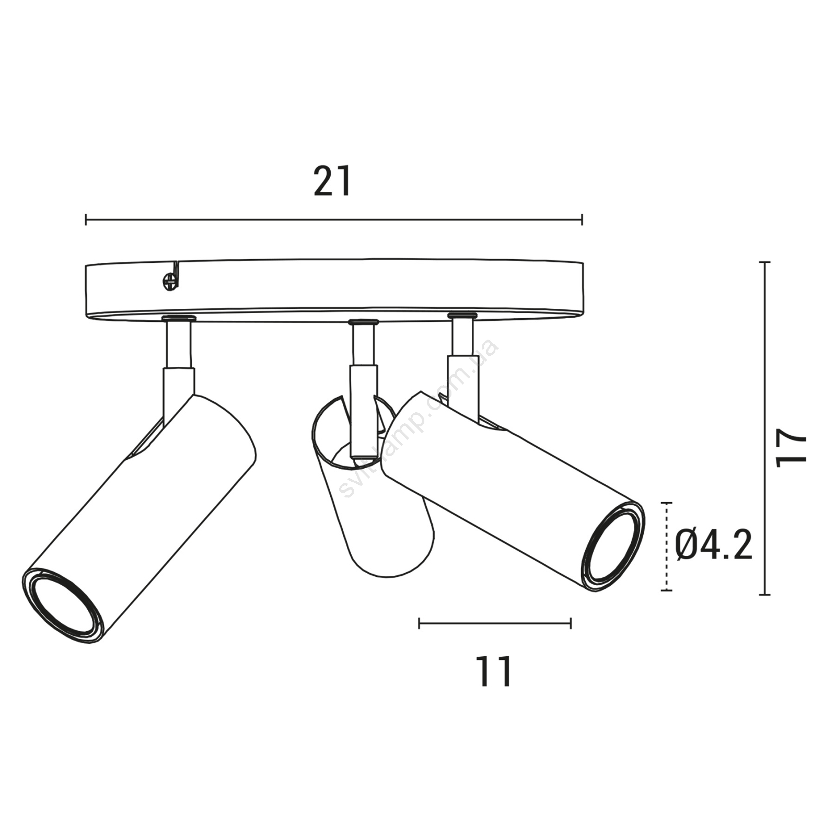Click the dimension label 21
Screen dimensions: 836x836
(333, 181)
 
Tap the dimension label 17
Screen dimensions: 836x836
(792, 448)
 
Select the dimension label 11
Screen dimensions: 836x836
(494, 671)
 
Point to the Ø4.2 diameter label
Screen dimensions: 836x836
(713, 544)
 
